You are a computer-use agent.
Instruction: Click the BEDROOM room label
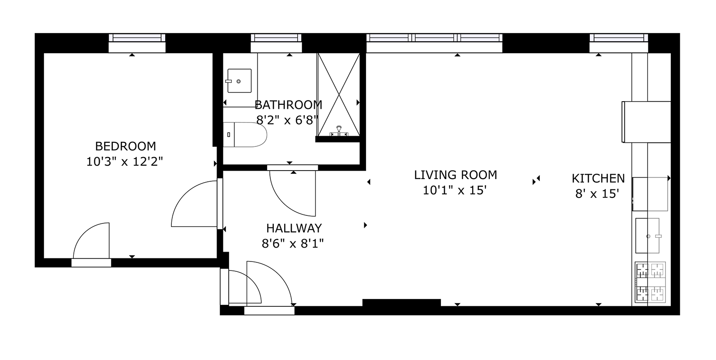126,146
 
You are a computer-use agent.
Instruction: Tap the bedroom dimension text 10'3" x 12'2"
125,162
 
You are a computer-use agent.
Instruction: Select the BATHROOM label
288,105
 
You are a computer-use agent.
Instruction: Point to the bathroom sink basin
239,81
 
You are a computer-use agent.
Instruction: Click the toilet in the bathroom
245,135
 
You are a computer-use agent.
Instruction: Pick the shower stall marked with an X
338,94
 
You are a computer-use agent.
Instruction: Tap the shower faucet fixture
339,132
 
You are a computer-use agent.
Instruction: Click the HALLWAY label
294,228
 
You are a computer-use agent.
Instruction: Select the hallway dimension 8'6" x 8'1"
293,244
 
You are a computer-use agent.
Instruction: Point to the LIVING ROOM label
456,175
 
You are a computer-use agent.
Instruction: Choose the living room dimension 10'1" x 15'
455,191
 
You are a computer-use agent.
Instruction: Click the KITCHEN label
598,179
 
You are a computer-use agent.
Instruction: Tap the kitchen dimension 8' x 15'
597,194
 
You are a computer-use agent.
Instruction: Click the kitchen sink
647,236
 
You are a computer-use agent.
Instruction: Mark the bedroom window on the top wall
137,38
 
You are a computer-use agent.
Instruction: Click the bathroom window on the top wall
276,38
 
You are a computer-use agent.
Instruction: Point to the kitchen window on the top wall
619,38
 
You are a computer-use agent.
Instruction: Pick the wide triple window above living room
435,38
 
